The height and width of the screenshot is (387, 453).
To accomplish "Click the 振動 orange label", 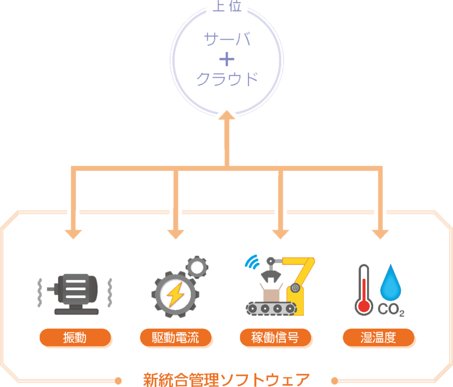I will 75,338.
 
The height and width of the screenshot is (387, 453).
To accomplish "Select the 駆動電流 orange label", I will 176,338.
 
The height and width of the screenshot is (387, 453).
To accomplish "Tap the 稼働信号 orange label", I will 275,338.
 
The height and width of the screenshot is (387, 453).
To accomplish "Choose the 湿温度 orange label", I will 378,338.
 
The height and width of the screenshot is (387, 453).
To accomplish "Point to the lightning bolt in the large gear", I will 176,294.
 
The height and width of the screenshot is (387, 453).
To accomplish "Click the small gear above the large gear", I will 196,267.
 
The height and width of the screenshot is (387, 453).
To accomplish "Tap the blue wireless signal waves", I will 252,262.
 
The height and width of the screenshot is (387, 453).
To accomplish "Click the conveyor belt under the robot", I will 271,308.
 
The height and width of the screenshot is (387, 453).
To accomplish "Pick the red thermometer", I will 364,290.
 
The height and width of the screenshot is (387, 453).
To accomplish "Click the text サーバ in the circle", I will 227,40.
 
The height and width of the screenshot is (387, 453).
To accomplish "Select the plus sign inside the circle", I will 226,60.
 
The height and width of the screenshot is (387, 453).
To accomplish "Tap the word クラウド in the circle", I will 227,80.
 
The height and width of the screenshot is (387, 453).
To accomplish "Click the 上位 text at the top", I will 227,7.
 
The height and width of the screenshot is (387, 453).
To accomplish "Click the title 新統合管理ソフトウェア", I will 226,379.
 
